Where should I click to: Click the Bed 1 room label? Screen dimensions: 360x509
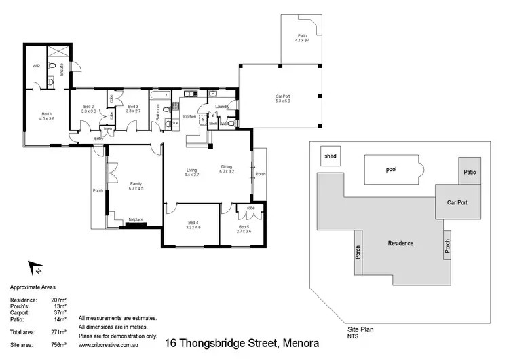(47, 115)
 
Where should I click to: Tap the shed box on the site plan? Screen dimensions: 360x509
(331, 156)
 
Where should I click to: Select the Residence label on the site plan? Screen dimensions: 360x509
(400, 243)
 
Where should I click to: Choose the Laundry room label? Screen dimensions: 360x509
(222, 107)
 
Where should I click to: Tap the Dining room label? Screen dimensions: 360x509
(227, 169)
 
